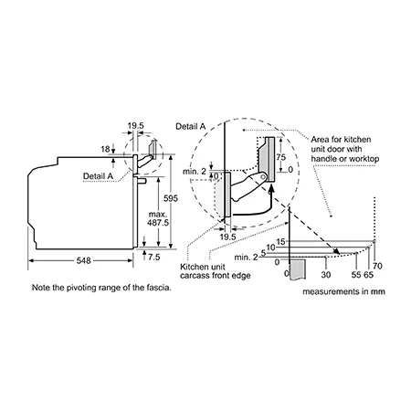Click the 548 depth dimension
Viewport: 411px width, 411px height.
click(83, 260)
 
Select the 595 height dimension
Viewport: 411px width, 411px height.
click(171, 198)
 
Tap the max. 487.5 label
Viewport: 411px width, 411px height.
click(158, 218)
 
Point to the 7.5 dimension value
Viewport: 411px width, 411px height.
click(154, 258)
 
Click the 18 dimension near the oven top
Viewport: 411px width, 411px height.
click(105, 149)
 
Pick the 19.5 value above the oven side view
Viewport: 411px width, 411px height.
click(136, 126)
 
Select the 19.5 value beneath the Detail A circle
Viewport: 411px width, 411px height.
click(227, 237)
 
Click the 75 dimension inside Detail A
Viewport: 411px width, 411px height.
click(281, 157)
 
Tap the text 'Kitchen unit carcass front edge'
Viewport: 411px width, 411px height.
click(216, 271)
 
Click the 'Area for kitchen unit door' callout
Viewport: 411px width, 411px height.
click(345, 149)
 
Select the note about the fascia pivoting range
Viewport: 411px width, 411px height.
click(101, 288)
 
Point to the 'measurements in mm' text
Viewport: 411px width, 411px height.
click(343, 291)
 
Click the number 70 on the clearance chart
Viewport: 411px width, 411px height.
click(377, 266)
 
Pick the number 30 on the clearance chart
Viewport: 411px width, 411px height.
click(326, 275)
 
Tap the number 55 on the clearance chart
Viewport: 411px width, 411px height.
click(356, 275)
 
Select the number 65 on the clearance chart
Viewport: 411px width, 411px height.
click(368, 275)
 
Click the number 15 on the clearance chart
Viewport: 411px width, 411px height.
click(280, 242)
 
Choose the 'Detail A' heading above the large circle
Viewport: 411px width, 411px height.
click(191, 127)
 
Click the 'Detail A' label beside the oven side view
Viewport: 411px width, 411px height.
click(98, 176)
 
